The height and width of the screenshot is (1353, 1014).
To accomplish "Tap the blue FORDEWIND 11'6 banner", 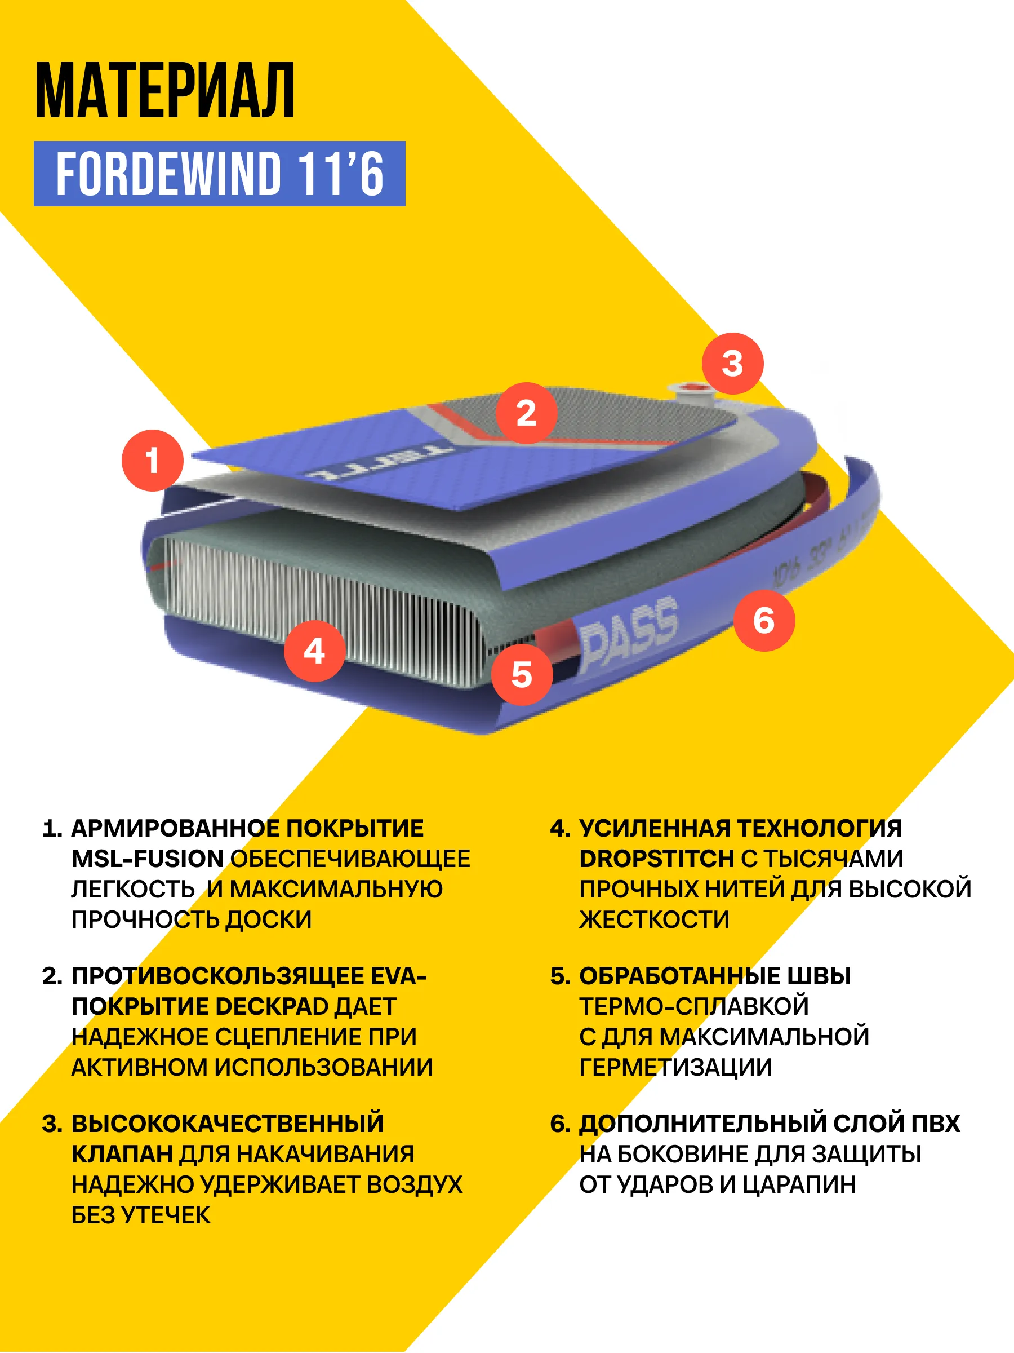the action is pos(220,174).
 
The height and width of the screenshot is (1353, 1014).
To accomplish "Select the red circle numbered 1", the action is pos(152,461).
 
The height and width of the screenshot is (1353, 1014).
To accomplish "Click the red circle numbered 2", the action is pos(526,413).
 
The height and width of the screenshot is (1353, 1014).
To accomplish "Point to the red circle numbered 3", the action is pos(733,363).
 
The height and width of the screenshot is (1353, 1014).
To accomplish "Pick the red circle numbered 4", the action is pos(315,651).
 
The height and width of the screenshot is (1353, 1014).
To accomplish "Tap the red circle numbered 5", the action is pos(522,675).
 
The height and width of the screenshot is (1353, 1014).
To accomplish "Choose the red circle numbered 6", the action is pos(764,620).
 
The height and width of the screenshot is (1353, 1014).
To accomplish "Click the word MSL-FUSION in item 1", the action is pos(147,859).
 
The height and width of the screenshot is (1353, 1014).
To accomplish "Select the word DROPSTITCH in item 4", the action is pos(656,859).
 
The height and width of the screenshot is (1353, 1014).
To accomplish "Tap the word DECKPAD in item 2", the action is pos(272,1006).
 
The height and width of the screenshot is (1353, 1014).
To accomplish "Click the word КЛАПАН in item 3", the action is pos(122,1154).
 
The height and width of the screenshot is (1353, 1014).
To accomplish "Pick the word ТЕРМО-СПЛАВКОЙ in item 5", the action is pos(693,1006).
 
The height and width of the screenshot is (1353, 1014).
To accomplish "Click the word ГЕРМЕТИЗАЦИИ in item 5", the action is pos(675,1067).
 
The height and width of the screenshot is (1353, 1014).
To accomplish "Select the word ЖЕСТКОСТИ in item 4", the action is pos(654,920).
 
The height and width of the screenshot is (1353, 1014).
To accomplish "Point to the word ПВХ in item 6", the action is pos(935,1124).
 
